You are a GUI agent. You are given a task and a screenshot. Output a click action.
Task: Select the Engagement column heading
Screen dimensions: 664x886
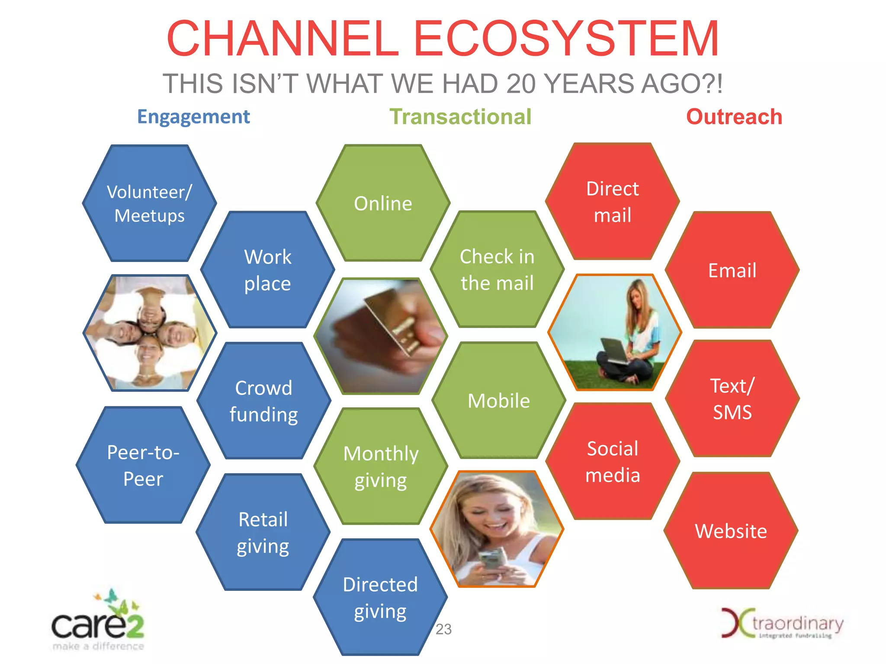point(193,117)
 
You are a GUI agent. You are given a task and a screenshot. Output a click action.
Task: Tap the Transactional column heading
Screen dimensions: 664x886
point(460,117)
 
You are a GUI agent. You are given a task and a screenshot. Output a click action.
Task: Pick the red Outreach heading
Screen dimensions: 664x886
point(734,117)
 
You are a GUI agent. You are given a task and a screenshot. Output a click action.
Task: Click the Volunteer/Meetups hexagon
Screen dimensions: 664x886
point(149,203)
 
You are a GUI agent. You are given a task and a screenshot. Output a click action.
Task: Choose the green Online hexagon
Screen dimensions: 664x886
point(383,203)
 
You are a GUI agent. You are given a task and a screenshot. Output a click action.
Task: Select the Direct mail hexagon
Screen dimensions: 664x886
point(612,201)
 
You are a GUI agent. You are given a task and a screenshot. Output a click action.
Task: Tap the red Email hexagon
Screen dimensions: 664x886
point(732,270)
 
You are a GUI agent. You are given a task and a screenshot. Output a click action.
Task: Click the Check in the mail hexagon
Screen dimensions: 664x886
point(497,269)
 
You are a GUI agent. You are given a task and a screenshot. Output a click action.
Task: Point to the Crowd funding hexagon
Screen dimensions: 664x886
point(263,401)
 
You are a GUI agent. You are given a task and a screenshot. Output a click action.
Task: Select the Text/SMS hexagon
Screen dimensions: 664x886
point(732,399)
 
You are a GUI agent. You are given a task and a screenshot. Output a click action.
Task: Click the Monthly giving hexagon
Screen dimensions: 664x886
point(381,466)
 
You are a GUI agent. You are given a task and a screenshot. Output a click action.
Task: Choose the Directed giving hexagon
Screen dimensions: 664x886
point(380,597)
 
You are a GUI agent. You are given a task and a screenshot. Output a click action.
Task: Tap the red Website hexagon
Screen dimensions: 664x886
point(731,531)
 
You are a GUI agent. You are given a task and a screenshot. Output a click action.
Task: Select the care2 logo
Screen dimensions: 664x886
point(98,622)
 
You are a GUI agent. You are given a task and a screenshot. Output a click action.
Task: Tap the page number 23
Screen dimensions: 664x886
point(443,629)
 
